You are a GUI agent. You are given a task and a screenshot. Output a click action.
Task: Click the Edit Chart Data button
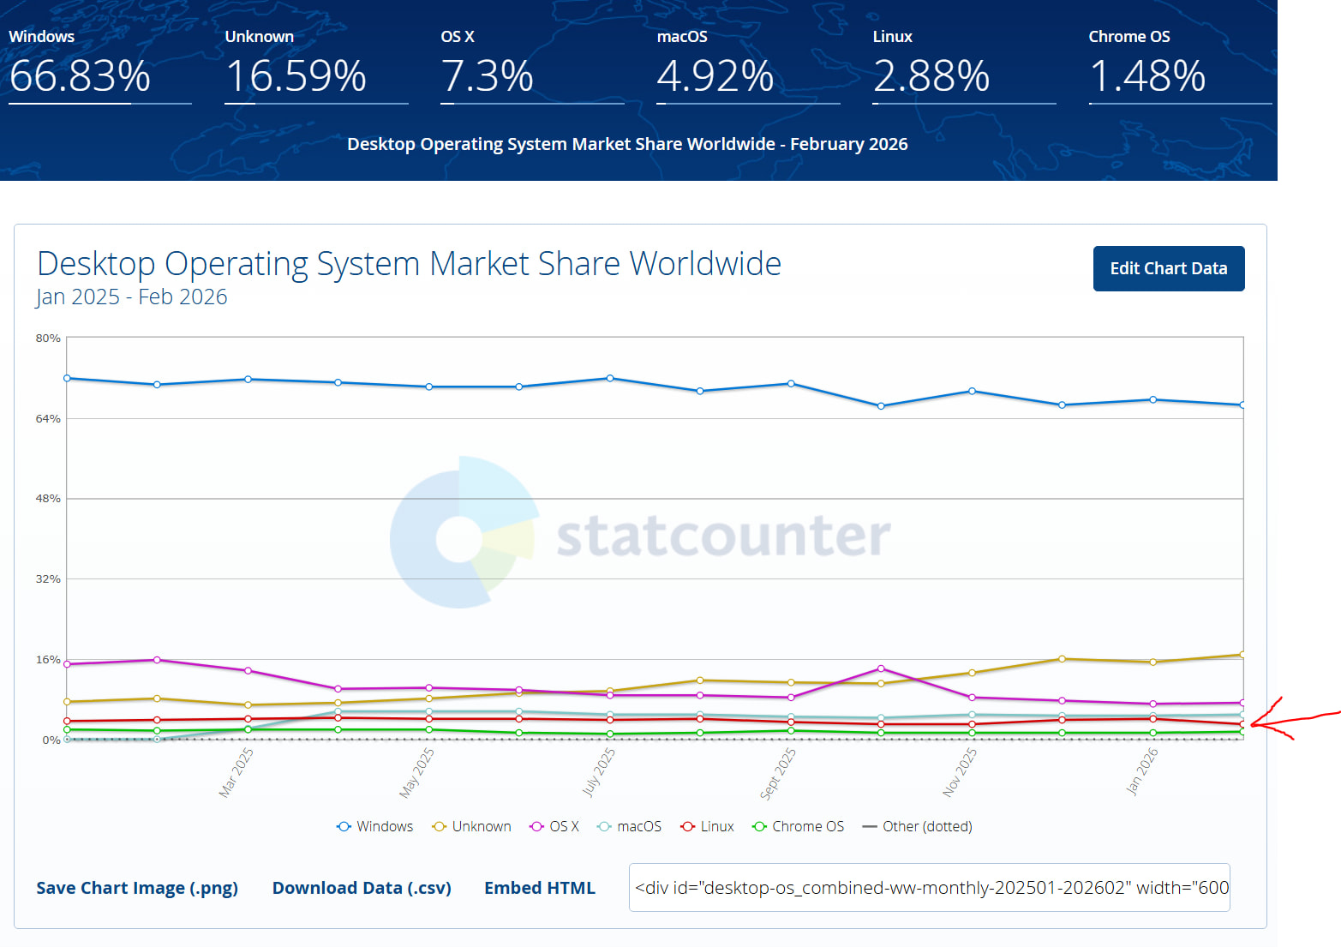coord(1168,269)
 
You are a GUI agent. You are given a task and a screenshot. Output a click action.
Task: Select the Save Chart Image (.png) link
coord(137,888)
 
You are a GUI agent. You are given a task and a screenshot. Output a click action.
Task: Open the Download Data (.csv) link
coord(362,888)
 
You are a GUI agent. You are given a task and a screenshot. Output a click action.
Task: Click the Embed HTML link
coord(539,888)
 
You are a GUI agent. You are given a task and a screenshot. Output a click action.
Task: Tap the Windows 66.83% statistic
coord(80,75)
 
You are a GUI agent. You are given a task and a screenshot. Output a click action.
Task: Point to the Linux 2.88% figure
coord(931,75)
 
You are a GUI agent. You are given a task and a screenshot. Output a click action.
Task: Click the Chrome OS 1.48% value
coord(1146,75)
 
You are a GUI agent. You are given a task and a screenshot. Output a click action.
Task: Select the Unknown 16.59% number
coord(296,75)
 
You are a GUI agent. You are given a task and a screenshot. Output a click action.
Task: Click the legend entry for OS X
coord(554,826)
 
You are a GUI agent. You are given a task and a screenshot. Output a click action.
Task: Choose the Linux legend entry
coord(707,826)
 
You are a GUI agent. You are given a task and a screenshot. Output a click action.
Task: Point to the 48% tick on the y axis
coord(48,499)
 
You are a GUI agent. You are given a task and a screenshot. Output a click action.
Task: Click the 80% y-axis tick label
coord(48,339)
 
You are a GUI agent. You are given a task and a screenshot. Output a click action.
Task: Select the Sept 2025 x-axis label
coord(778,773)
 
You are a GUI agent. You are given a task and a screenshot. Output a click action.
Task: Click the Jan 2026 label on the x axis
coord(1142,771)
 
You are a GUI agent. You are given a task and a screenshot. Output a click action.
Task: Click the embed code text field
coord(929,888)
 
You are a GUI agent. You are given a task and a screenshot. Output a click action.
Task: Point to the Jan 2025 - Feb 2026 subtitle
coord(132,297)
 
